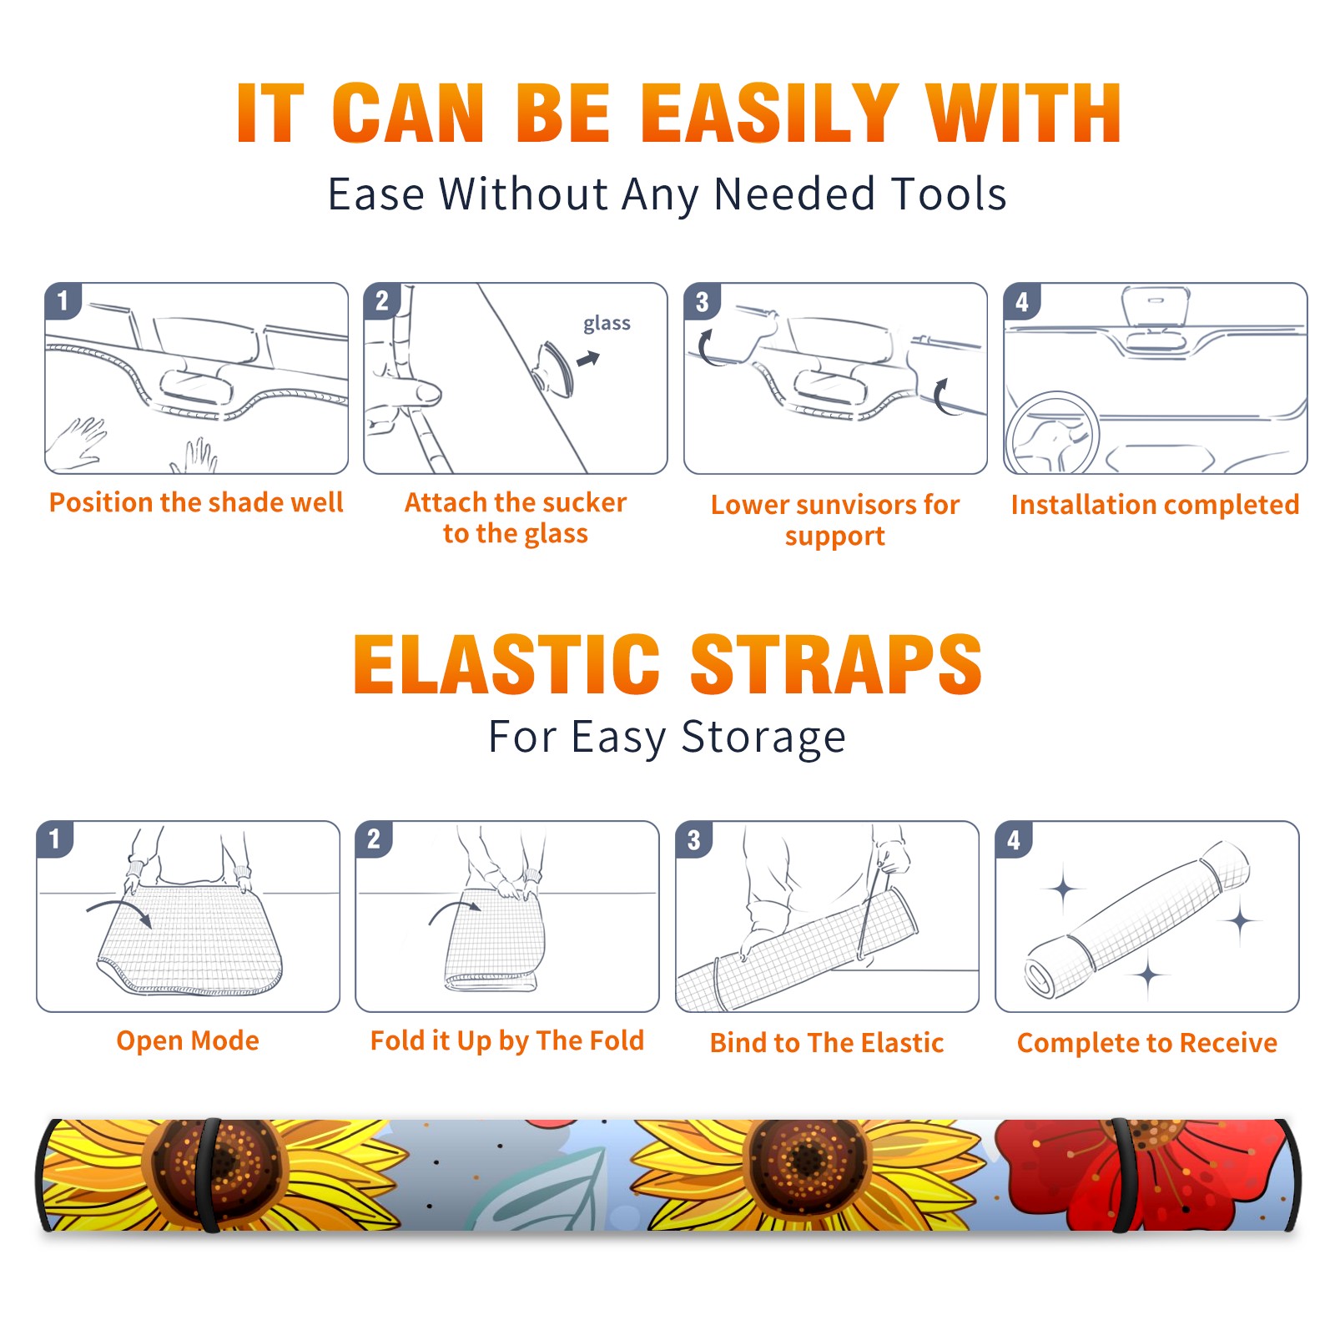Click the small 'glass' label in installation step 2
pyautogui.click(x=607, y=324)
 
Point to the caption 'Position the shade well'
pyautogui.click(x=196, y=502)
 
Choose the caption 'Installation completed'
pyautogui.click(x=1155, y=505)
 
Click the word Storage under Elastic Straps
pyautogui.click(x=763, y=738)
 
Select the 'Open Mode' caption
pyautogui.click(x=188, y=1040)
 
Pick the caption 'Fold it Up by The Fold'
pyautogui.click(x=507, y=1040)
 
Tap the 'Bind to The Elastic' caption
pyautogui.click(x=827, y=1043)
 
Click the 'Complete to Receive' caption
pyautogui.click(x=1147, y=1043)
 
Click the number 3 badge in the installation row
pyautogui.click(x=702, y=301)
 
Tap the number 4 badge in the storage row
pyautogui.click(x=1014, y=839)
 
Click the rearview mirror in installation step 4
pyautogui.click(x=1156, y=306)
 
